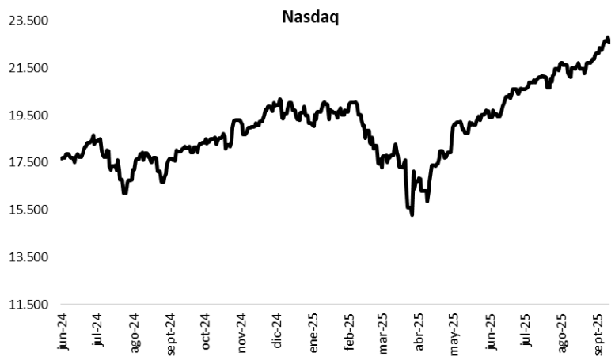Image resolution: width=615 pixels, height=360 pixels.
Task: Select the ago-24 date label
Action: click(x=135, y=331)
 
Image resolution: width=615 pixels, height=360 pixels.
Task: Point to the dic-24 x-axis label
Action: click(x=277, y=331)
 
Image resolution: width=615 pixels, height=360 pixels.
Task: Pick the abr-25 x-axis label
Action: click(x=419, y=331)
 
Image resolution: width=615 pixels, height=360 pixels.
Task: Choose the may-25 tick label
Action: click(x=455, y=331)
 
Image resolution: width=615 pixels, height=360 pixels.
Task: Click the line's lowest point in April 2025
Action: click(x=412, y=214)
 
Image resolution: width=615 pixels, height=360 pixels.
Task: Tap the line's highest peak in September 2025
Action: click(x=607, y=37)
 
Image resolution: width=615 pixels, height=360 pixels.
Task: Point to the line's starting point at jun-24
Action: click(x=61, y=159)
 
